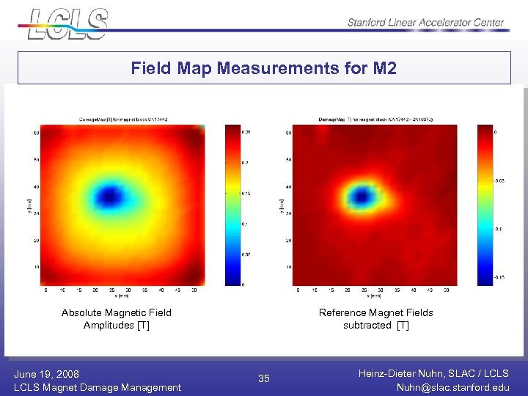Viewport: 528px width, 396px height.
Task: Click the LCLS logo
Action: pos(68,23)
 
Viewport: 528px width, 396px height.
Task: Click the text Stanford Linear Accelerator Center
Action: pos(425,22)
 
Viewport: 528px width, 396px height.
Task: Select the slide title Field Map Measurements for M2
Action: pos(264,68)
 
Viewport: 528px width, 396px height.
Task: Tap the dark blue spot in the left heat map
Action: pos(110,196)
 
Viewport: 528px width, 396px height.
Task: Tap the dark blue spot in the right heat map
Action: pos(360,196)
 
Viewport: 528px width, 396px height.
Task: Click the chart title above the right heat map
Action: pos(375,119)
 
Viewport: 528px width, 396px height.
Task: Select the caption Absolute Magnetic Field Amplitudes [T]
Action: pos(116,319)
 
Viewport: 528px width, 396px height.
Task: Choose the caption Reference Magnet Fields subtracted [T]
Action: pos(375,319)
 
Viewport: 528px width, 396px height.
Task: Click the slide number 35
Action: pos(264,378)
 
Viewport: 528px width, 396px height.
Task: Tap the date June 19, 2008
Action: pos(46,374)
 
